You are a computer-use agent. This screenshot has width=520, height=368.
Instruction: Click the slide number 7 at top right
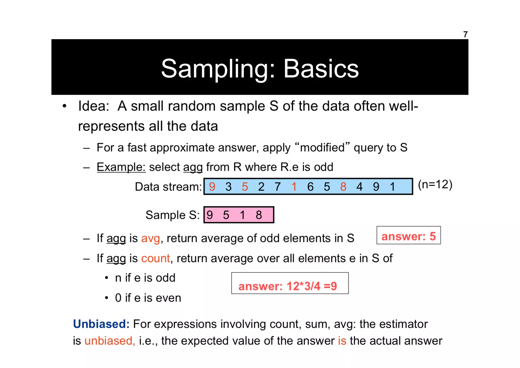tap(465, 34)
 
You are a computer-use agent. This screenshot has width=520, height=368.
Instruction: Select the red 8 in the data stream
tap(343, 187)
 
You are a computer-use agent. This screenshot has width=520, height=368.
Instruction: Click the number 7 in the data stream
tap(278, 187)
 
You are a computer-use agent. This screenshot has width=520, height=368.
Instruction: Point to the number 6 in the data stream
tap(310, 187)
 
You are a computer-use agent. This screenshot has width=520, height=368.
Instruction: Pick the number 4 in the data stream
tap(359, 187)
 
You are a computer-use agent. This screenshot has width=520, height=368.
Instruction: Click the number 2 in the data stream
tap(261, 187)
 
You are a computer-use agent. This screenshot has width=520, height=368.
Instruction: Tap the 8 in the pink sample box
tap(259, 215)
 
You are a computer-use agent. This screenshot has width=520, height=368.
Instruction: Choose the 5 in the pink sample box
tap(226, 215)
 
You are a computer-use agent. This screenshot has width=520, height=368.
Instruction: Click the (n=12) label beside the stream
tap(435, 184)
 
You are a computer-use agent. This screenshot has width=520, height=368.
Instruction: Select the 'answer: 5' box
tap(408, 235)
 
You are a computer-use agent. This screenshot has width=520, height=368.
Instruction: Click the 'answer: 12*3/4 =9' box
tap(290, 283)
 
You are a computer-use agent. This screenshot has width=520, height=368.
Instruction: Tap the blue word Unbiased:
tap(101, 324)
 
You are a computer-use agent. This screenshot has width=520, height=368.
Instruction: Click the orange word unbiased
tap(110, 341)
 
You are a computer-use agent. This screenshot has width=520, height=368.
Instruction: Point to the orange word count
tap(155, 258)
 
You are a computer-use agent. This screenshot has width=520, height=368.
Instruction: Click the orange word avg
tap(151, 239)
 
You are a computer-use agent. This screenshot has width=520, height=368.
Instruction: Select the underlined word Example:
tap(121, 167)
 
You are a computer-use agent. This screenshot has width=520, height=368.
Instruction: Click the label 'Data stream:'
tap(168, 187)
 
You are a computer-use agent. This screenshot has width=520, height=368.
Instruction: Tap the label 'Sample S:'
tap(172, 215)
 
